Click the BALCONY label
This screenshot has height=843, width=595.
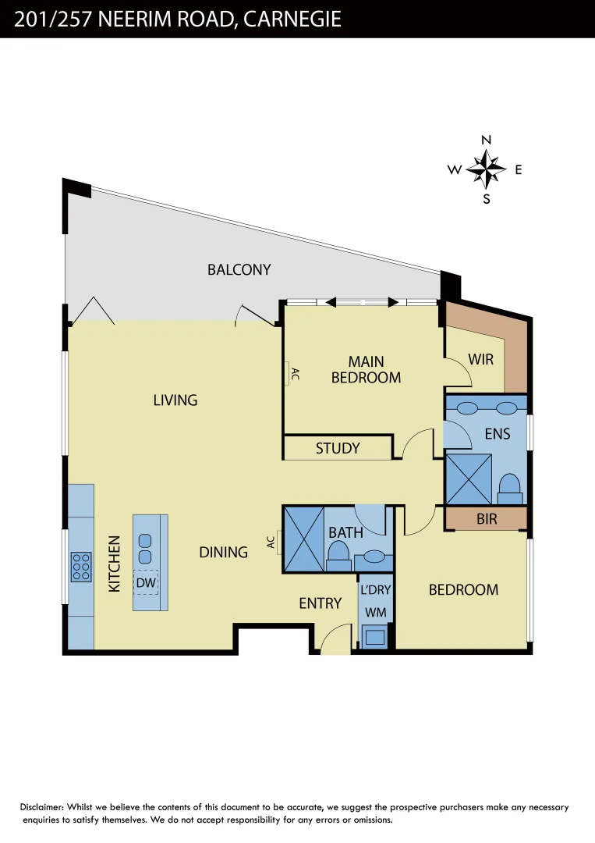[239, 269]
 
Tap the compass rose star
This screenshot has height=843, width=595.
[486, 169]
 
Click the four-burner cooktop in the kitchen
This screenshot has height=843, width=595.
[81, 567]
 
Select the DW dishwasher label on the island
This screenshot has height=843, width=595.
[146, 583]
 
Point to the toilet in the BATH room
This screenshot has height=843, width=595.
[338, 556]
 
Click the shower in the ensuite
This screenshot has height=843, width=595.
[469, 479]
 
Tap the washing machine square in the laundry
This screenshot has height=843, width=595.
[375, 637]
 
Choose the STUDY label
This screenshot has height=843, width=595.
[338, 448]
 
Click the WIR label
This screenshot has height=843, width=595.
[480, 360]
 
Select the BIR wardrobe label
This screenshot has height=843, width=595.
[487, 519]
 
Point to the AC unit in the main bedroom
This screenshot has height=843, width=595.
[287, 373]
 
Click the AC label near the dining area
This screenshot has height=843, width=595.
[271, 542]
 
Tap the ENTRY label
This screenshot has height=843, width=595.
[320, 603]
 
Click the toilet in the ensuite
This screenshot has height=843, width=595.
[510, 489]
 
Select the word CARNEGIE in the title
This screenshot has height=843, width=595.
[292, 19]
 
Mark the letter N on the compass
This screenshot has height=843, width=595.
[486, 140]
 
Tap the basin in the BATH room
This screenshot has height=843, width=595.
[374, 556]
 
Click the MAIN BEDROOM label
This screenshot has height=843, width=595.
[367, 370]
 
